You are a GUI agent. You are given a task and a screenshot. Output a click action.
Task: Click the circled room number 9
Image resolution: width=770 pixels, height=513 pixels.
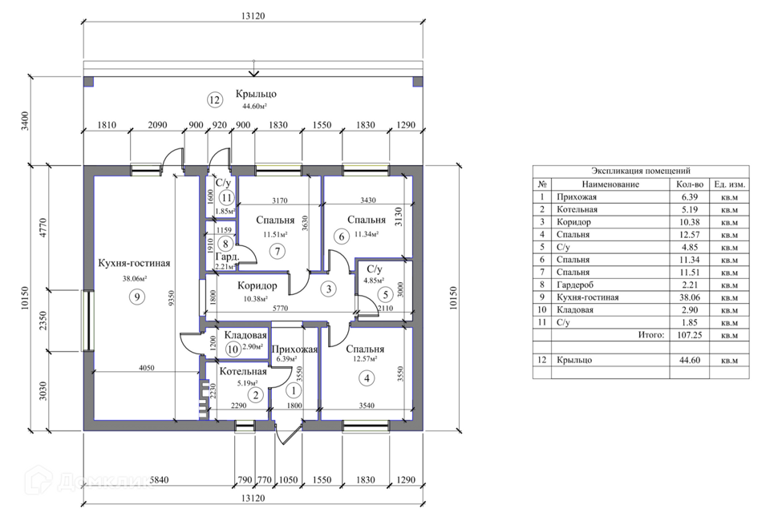pos(137,297)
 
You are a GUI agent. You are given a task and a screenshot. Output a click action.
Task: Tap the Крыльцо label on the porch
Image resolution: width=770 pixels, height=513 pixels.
pos(256,94)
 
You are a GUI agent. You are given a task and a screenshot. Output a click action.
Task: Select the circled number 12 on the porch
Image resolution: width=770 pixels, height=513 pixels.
pos(215,100)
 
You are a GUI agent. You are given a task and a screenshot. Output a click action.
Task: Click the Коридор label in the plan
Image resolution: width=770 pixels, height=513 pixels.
pos(257,285)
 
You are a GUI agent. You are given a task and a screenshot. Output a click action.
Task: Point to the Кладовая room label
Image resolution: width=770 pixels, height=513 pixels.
pos(245,335)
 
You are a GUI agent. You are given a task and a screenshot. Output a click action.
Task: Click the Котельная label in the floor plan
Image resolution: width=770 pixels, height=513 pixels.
pos(243,372)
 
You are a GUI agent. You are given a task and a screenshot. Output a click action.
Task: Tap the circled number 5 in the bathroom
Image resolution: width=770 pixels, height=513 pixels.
pos(386,294)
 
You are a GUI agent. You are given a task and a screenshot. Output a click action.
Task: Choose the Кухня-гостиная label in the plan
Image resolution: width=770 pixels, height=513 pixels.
pos(134,263)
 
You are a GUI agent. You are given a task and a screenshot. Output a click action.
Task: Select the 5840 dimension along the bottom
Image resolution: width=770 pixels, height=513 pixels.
pos(159,479)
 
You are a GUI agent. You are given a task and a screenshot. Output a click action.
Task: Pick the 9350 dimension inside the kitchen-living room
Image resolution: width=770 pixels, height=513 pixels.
pos(172,298)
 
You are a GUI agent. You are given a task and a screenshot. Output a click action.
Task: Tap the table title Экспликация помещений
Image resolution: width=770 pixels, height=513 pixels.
pos(641,171)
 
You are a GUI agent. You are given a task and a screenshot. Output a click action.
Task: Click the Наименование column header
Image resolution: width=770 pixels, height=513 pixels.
pos(610,184)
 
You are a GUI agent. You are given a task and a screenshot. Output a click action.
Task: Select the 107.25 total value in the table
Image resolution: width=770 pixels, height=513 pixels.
pos(690,335)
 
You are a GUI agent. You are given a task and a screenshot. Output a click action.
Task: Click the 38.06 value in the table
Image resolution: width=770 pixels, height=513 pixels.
pos(690,297)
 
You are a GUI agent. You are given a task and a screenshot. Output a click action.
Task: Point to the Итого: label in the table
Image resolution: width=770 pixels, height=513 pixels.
pos(651,335)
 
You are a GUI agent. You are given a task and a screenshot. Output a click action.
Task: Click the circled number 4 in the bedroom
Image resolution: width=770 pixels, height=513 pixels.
pos(367,378)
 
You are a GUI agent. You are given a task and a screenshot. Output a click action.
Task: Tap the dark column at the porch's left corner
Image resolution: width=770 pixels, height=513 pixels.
pos(88,82)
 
